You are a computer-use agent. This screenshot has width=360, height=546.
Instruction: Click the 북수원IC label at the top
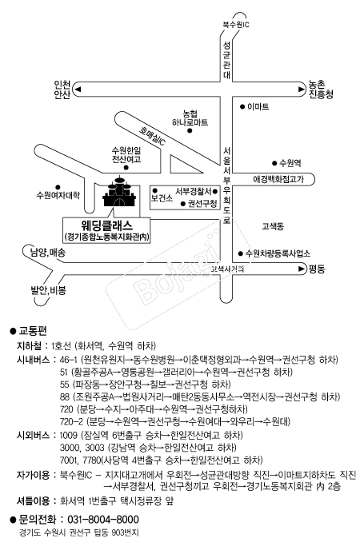click(x=236, y=24)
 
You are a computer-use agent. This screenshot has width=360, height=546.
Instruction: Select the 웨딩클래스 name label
click(x=107, y=225)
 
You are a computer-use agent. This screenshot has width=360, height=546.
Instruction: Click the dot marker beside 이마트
click(x=242, y=107)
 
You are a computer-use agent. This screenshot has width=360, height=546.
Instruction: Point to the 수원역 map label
click(x=290, y=162)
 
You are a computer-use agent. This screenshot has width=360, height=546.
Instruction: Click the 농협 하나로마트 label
click(x=190, y=118)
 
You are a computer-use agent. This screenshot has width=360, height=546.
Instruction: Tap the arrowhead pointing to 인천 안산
click(x=78, y=90)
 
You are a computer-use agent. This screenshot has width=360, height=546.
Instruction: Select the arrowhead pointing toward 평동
click(x=302, y=269)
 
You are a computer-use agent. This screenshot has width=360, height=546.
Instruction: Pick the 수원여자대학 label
click(x=58, y=195)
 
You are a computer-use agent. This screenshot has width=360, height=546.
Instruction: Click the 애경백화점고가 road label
click(x=278, y=179)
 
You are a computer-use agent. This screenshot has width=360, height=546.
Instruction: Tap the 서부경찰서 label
click(x=193, y=191)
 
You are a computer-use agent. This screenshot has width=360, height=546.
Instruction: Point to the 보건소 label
click(x=162, y=198)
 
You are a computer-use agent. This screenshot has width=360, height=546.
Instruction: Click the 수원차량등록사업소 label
click(x=278, y=253)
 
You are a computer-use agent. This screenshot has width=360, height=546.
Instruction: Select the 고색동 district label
click(x=273, y=226)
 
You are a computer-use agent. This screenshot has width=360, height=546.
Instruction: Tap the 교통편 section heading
click(x=33, y=331)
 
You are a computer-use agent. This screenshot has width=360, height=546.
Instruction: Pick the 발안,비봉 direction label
click(x=49, y=290)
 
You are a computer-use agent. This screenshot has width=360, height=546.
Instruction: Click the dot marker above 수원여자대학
click(x=58, y=187)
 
